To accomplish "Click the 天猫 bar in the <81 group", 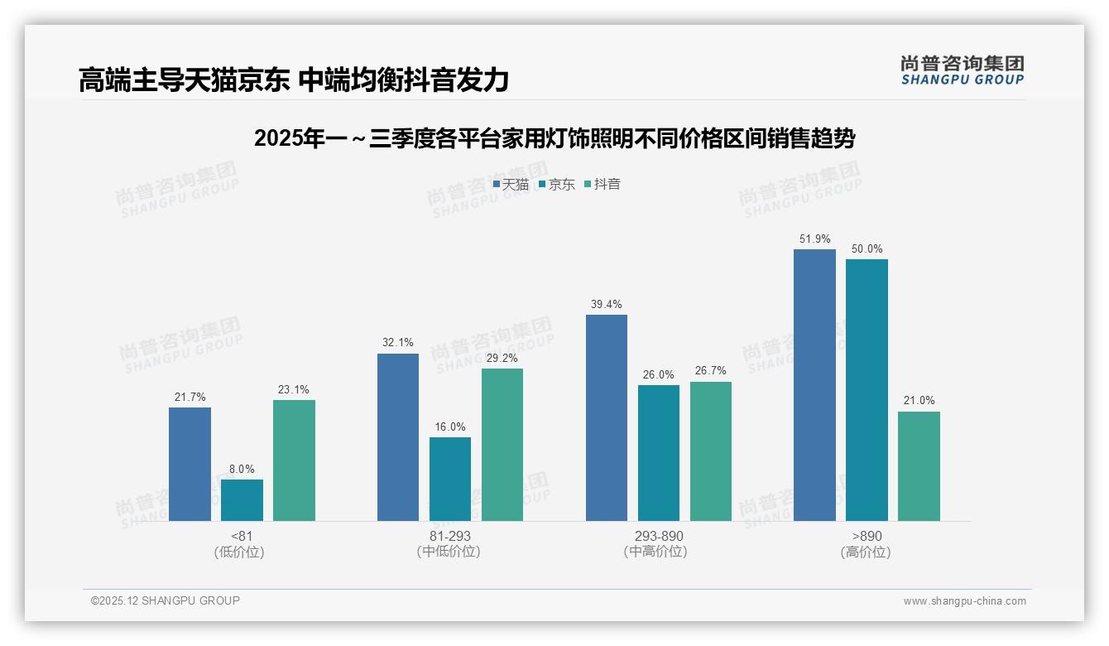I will pos(190,464).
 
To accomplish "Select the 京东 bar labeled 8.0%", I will pos(242,500).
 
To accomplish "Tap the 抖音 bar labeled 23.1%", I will pos(294,460).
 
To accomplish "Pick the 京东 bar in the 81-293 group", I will pos(450,479).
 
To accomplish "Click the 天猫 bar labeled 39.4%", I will pos(607,417).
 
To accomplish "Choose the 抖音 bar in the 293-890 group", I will pos(711,451).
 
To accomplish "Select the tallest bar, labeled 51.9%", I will pos(814,385).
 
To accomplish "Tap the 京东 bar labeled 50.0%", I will pos(867,390).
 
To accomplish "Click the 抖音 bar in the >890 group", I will pos(919,466).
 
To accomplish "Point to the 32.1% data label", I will pos(398,343).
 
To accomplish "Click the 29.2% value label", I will pos(502,359).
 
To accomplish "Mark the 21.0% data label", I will pos(919,401).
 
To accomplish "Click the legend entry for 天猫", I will pos(511,185).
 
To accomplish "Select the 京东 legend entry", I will pos(557,185).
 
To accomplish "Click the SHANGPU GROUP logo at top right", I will pos(962,70).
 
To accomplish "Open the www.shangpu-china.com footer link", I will pos(964,601).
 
